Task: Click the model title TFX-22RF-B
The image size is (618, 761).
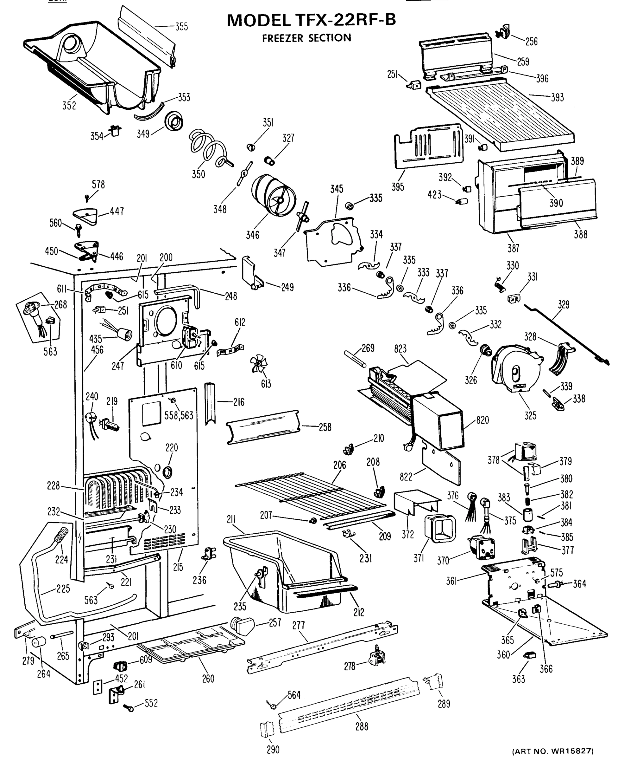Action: (x=311, y=20)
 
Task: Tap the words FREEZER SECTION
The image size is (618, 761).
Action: (x=306, y=38)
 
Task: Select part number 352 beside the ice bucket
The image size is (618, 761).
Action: (x=69, y=106)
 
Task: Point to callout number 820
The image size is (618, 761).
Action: (x=482, y=420)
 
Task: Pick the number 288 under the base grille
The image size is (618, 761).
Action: (x=362, y=726)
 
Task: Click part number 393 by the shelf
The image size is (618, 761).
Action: (x=558, y=97)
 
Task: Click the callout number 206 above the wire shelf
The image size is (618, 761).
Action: (x=340, y=465)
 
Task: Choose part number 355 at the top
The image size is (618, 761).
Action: (x=181, y=27)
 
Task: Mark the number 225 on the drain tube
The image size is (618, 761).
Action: (x=63, y=589)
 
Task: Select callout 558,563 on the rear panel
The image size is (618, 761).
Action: (x=179, y=415)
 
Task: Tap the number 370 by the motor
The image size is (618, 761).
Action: (x=443, y=561)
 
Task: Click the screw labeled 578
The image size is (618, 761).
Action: (x=87, y=197)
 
